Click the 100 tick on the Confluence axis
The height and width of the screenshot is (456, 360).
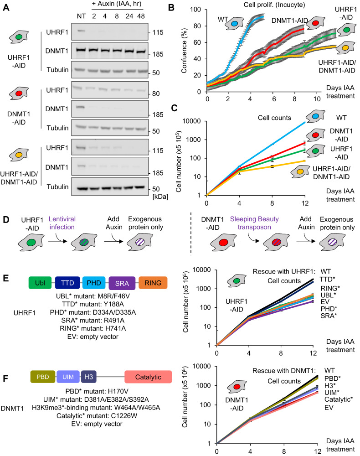click(x=199, y=9)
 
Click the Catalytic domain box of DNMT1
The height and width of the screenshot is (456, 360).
click(x=148, y=377)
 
